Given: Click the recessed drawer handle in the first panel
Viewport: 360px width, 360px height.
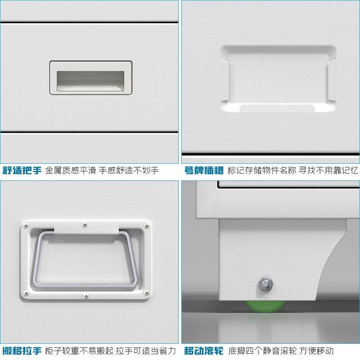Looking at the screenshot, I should [90, 78].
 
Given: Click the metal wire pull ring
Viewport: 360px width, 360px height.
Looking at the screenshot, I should [85, 260].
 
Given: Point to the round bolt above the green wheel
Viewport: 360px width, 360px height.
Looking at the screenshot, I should [264, 283].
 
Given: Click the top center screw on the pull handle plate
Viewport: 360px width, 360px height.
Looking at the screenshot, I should [85, 223].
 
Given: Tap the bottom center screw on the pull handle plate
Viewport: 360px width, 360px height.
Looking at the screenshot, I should [85, 296].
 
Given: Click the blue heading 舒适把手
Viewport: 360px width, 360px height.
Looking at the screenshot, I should [22, 171].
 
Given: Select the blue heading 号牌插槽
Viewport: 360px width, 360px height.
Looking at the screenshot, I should [203, 171].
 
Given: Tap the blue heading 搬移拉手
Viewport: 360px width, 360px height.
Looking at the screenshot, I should [22, 350].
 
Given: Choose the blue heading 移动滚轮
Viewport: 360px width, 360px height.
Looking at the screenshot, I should [203, 350].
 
